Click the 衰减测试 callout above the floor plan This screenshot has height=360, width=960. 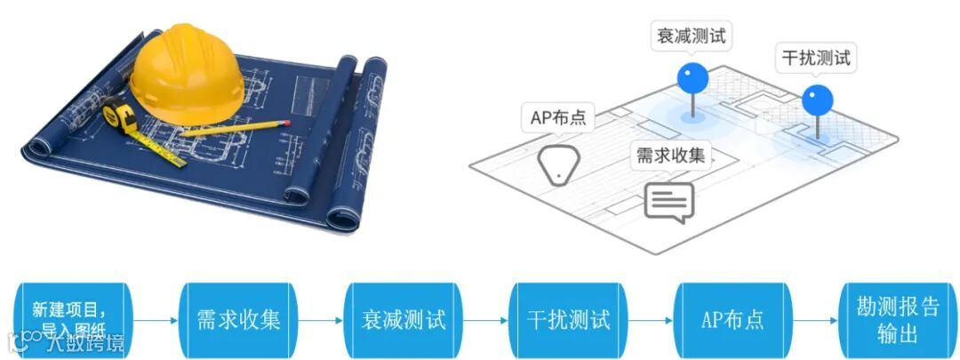691,36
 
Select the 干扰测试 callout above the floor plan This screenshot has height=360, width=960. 815,59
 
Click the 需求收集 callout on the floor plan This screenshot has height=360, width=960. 670,155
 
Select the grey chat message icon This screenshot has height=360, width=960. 668,202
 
